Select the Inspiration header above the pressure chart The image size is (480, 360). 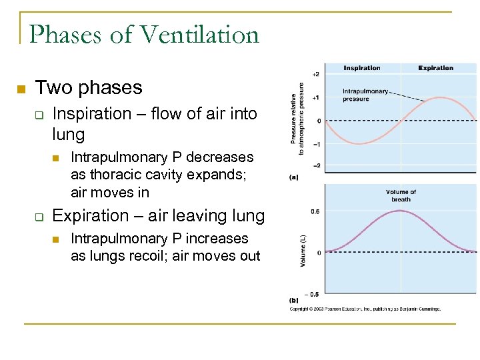coord(361,68)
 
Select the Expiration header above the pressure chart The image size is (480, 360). coord(436,68)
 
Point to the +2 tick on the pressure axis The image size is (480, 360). coord(315,74)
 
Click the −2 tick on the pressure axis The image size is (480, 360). coord(316,166)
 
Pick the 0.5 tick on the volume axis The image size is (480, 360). coord(315,211)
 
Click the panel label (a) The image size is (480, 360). coord(294,177)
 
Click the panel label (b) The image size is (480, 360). coord(294,301)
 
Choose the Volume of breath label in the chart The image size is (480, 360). coord(401,196)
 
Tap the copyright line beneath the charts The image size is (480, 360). coord(365,309)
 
